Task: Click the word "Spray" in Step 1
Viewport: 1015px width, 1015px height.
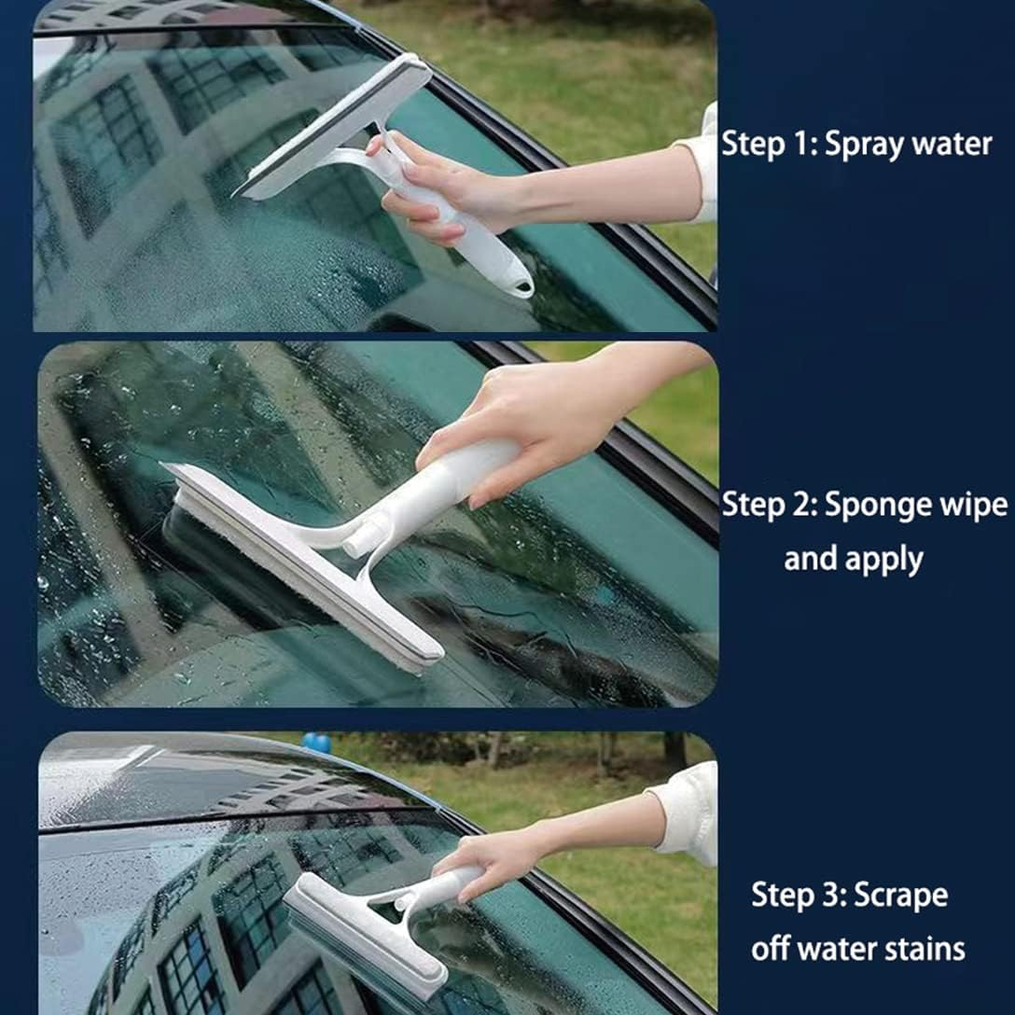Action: click(x=861, y=145)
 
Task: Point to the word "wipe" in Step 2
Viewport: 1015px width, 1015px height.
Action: click(x=974, y=505)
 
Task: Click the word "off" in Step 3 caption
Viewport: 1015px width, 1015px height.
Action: click(x=771, y=950)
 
